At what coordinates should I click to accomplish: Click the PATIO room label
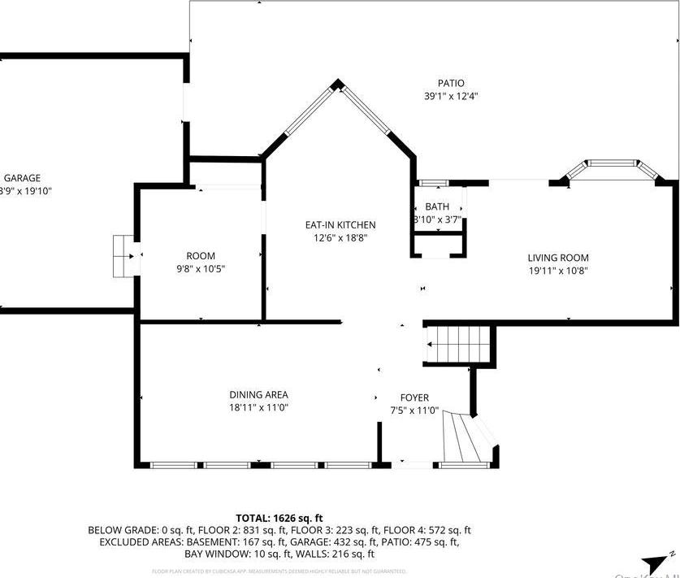(451, 83)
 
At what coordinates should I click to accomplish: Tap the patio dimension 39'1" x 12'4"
(451, 96)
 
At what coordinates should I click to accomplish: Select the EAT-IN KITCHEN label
(340, 225)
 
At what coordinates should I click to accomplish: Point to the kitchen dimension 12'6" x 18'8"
(340, 238)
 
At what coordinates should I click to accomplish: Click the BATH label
(437, 206)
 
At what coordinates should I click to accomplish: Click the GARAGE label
(22, 178)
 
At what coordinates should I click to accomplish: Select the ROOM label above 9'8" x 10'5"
(201, 256)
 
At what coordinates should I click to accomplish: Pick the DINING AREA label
(258, 395)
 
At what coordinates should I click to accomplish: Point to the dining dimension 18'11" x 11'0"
(258, 408)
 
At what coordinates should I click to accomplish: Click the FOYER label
(414, 398)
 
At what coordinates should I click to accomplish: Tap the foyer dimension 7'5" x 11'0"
(414, 411)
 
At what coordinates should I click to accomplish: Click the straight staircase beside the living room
(459, 344)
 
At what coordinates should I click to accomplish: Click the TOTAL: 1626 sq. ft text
(279, 518)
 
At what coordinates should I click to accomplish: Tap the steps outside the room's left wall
(123, 256)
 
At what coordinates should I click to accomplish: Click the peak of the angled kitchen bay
(339, 83)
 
